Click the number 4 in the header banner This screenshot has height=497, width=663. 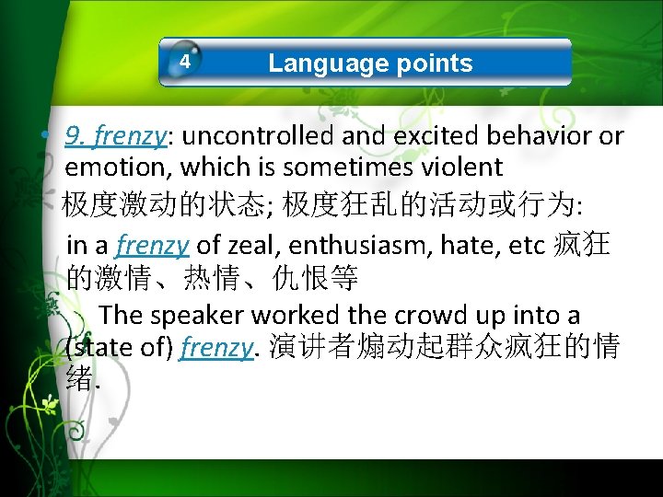point(185,62)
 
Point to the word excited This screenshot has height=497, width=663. point(436,136)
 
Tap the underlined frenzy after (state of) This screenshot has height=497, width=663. point(216,349)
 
